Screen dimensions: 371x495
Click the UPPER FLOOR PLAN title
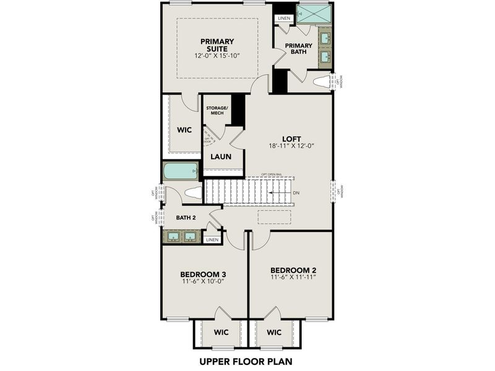246,360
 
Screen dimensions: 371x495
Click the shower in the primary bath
313,14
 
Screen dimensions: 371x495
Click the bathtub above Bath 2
180,170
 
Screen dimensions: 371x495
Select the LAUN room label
220,156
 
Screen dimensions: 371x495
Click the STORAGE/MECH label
217,110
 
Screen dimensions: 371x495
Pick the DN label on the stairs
296,193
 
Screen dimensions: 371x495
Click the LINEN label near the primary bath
284,19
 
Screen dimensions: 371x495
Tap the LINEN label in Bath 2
212,239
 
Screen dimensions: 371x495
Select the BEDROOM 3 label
203,274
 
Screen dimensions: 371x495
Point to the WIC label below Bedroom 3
221,333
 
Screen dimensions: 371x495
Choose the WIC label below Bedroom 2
274,333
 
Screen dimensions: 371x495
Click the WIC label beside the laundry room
184,130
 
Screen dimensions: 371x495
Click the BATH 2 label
186,217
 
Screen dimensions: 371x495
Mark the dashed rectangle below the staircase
273,217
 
